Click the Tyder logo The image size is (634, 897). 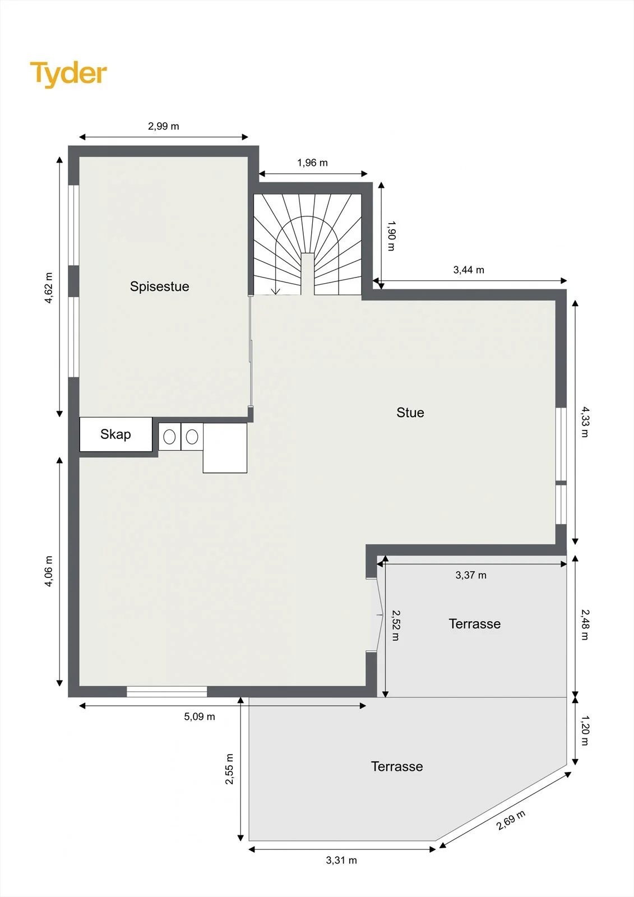tap(68, 74)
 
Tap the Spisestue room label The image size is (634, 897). tap(159, 286)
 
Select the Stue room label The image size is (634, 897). tap(410, 413)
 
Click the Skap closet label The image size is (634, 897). tap(115, 434)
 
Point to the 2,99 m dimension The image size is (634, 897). tap(164, 126)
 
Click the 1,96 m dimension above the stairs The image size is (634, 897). tap(312, 163)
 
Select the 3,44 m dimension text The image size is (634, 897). tap(469, 270)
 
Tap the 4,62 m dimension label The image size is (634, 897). tap(48, 288)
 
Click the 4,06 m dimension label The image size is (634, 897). tap(48, 571)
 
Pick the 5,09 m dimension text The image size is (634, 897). tap(200, 716)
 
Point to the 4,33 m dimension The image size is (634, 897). tap(585, 422)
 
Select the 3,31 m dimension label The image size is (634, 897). tap(341, 860)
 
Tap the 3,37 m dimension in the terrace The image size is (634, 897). tap(471, 575)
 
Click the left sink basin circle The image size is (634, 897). tap(169, 437)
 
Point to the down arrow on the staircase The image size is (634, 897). tap(276, 291)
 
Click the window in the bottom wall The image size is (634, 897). tap(166, 691)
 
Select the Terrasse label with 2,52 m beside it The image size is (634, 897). tap(475, 624)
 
